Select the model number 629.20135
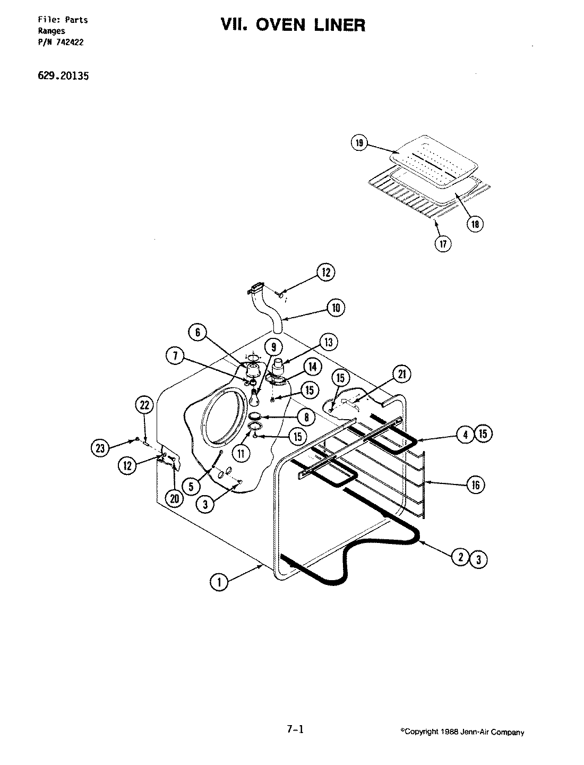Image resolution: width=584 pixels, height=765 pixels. point(63,76)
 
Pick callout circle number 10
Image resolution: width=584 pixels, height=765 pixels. point(336,308)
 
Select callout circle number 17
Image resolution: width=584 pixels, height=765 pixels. point(442,244)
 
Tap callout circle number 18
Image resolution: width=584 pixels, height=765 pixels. point(474,224)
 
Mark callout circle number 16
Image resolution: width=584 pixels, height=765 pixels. point(475,484)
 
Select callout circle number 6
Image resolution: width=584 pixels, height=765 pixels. point(197,333)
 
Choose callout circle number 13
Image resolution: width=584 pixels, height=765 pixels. point(329,343)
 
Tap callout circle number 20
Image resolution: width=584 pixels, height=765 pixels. point(175,498)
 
